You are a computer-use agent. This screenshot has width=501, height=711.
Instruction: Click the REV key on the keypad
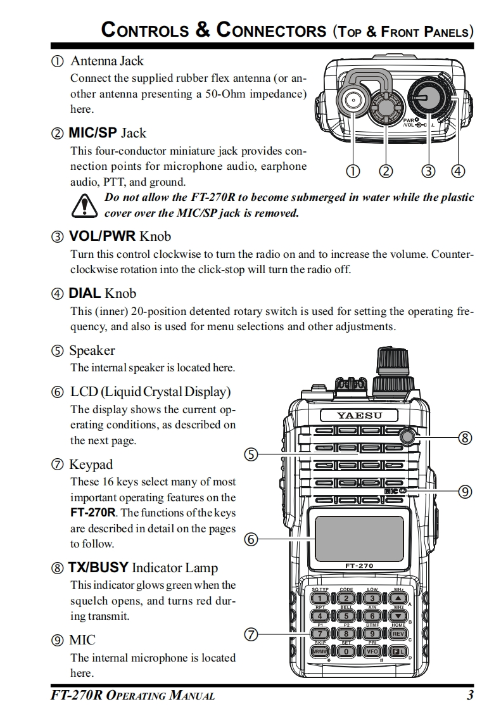pyautogui.click(x=398, y=633)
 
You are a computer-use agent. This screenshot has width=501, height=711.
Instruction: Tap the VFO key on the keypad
pyautogui.click(x=372, y=651)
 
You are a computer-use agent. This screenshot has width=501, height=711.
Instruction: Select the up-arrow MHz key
pyautogui.click(x=398, y=598)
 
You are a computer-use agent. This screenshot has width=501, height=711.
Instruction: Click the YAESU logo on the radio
pyautogui.click(x=358, y=416)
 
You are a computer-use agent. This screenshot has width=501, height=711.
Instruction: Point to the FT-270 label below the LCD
pyautogui.click(x=358, y=565)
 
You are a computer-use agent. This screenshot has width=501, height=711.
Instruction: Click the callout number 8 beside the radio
pyautogui.click(x=466, y=437)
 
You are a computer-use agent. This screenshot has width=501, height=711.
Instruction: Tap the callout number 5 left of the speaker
pyautogui.click(x=251, y=454)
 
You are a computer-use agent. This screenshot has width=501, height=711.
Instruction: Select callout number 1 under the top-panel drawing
pyautogui.click(x=353, y=170)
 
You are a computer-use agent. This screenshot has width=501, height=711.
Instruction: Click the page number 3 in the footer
pyautogui.click(x=470, y=695)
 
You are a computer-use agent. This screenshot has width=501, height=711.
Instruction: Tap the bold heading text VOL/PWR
pyautogui.click(x=101, y=236)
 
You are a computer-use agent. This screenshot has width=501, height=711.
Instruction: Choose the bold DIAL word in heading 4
pyautogui.click(x=84, y=293)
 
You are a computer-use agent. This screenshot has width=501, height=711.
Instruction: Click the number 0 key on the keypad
pyautogui.click(x=346, y=651)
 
